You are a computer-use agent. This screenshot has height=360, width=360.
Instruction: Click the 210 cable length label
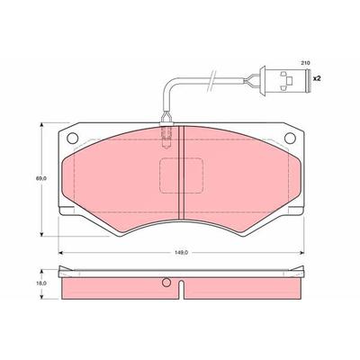(305, 63)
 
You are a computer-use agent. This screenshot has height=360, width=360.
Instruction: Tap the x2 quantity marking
(317, 79)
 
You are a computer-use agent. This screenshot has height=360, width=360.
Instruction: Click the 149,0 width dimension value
(181, 253)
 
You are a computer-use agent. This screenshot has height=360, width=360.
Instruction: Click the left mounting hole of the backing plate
(73, 138)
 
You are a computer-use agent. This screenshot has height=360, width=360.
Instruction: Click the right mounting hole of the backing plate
(290, 138)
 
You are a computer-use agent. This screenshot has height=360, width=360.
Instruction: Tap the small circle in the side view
(166, 282)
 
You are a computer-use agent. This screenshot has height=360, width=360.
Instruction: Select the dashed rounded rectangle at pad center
(181, 175)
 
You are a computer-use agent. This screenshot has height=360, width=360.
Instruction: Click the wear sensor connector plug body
(287, 80)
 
